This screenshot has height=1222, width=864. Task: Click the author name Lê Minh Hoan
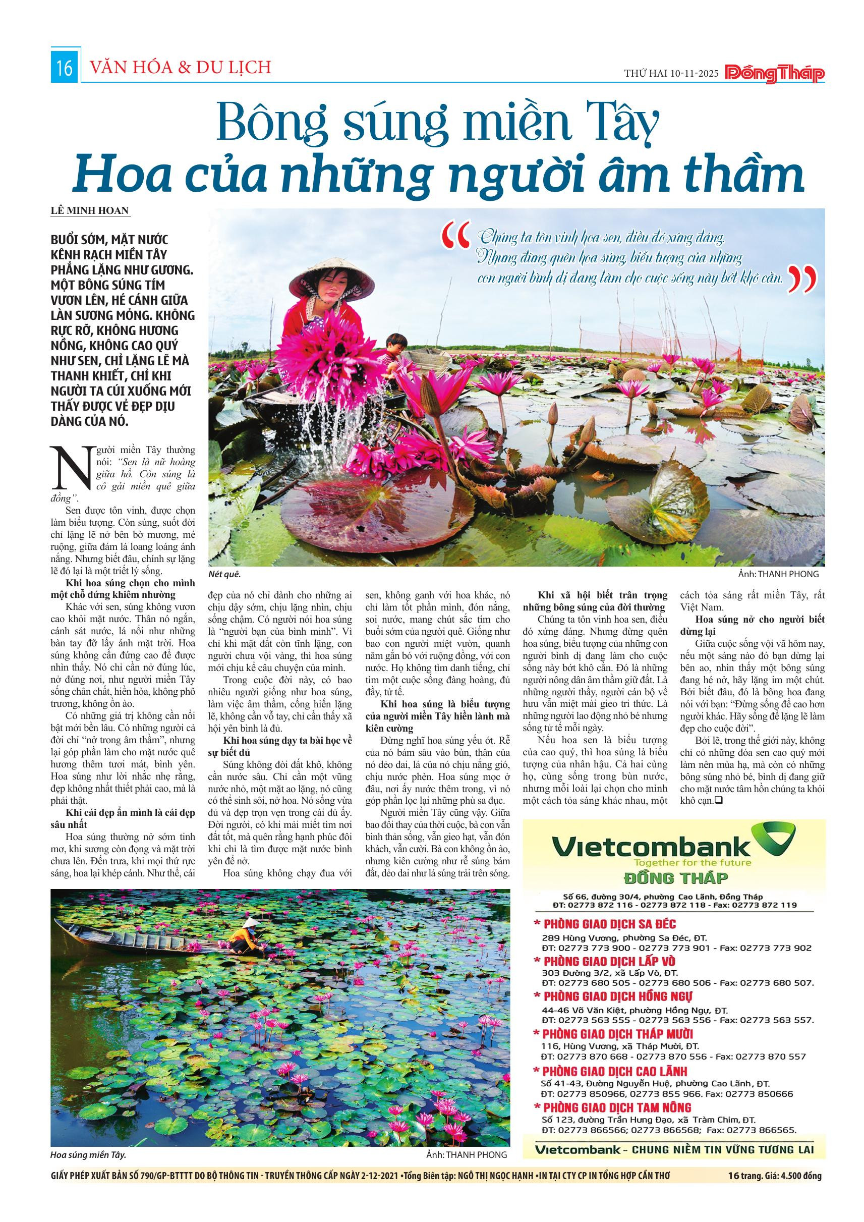(x=90, y=210)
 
